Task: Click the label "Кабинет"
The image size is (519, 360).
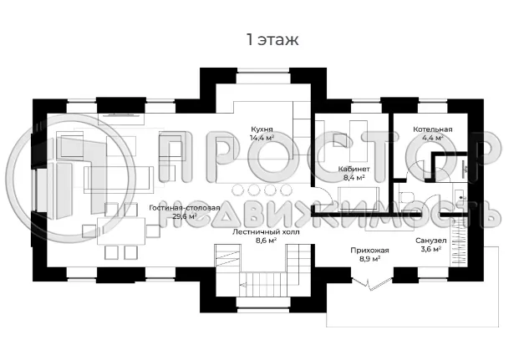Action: [354, 169]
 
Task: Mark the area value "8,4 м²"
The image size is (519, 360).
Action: [354, 178]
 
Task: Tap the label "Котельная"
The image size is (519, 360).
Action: [432, 129]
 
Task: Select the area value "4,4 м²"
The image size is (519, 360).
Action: [432, 139]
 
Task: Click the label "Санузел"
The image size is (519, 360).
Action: [432, 240]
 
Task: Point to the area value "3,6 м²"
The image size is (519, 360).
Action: [432, 249]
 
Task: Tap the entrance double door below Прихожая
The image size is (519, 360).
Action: [371, 284]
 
